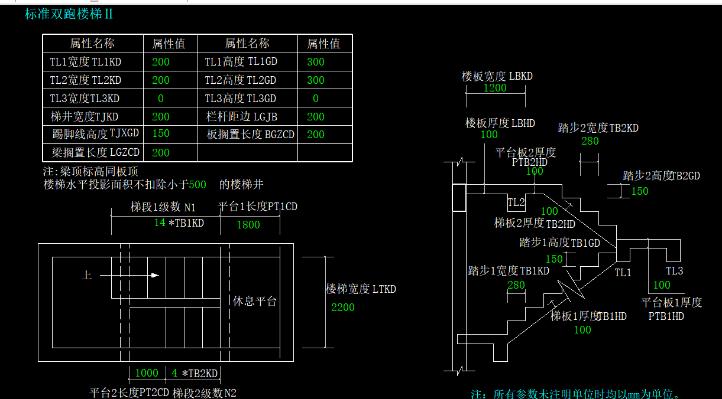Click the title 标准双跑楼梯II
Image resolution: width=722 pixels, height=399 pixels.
[x=69, y=14]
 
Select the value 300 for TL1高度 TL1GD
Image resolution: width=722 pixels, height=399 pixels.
[x=316, y=61]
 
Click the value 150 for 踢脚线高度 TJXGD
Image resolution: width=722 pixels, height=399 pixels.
[x=160, y=133]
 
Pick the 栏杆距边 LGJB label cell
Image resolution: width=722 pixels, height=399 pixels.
[x=242, y=116]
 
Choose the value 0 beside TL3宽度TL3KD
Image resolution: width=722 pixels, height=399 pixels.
[x=160, y=99]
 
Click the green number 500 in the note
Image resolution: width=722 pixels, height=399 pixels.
[x=198, y=185]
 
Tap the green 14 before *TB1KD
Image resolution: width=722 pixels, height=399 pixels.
[x=160, y=223]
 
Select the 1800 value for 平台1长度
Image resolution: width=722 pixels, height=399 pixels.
[x=248, y=224]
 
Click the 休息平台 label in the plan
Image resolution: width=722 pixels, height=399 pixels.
[x=255, y=301]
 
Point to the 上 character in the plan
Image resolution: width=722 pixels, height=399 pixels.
[x=87, y=275]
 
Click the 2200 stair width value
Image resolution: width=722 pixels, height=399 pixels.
[x=343, y=307]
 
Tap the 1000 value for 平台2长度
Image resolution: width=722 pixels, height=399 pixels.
[x=147, y=373]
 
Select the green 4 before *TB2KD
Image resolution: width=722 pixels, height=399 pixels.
[x=174, y=373]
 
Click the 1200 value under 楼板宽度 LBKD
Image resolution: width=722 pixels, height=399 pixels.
[x=495, y=88]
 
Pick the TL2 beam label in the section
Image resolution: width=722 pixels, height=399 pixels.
[x=516, y=203]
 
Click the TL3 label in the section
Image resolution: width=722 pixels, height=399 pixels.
[x=675, y=271]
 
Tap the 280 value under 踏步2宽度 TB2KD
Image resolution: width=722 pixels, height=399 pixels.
[x=590, y=141]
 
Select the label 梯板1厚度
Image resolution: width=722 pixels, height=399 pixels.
[x=572, y=316]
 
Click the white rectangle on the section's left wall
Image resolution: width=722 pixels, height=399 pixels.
[x=459, y=198]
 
